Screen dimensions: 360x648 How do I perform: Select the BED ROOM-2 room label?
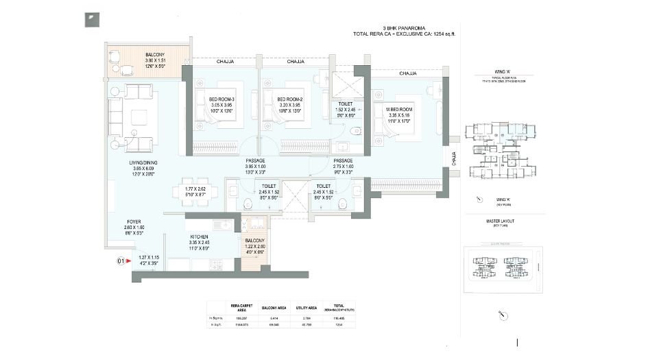click(x=290, y=99)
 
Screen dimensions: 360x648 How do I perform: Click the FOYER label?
click(x=134, y=222)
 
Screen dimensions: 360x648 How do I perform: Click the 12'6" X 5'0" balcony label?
click(x=154, y=67)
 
